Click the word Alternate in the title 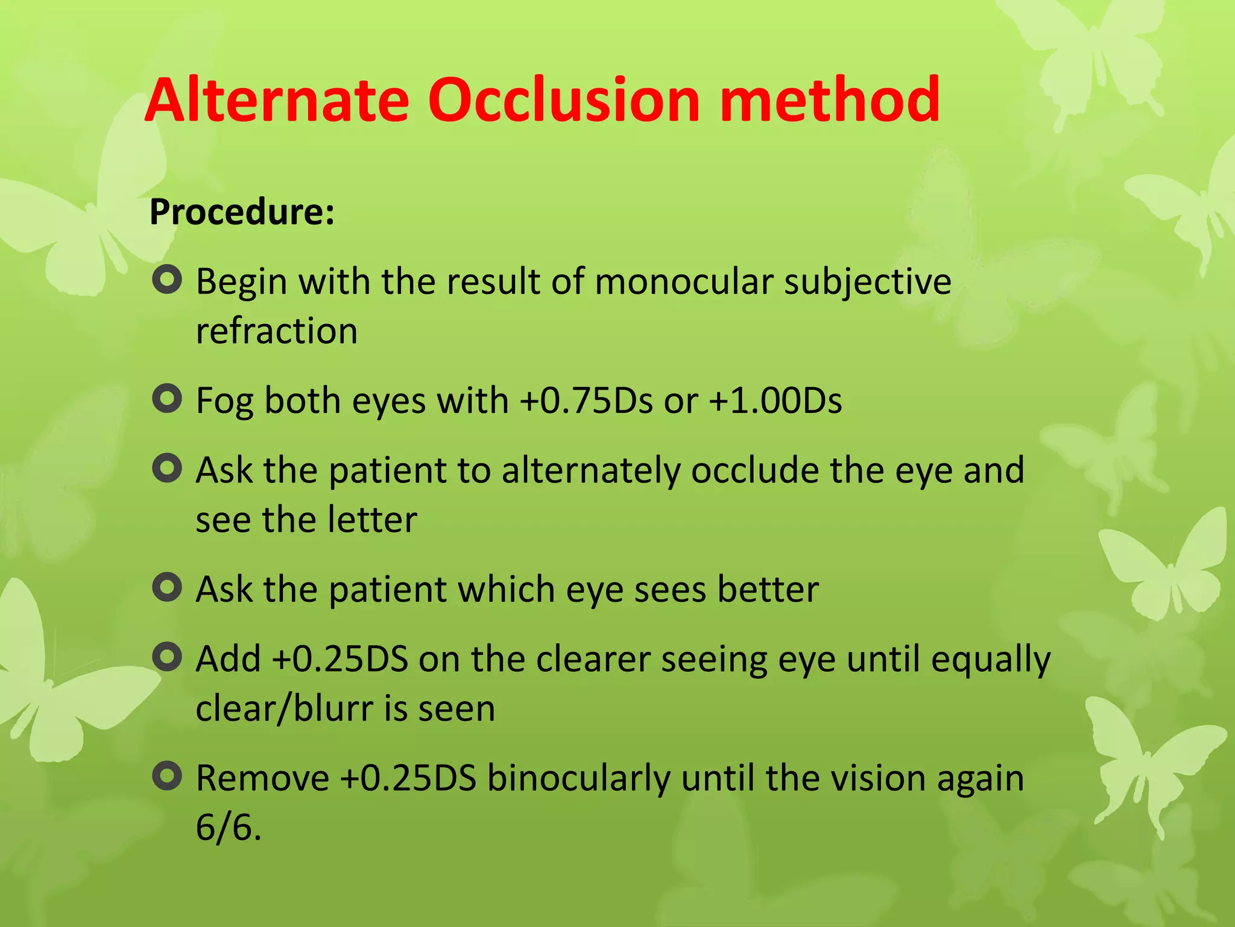point(277,100)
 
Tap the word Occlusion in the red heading point(564,100)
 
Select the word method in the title point(829,100)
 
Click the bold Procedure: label point(242,212)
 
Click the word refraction point(277,331)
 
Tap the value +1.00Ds point(775,401)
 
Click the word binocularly point(578,778)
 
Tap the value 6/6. point(229,827)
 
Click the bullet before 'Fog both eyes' point(167,399)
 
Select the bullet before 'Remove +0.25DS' point(167,776)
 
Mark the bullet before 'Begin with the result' point(167,281)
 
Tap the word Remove point(262,778)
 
